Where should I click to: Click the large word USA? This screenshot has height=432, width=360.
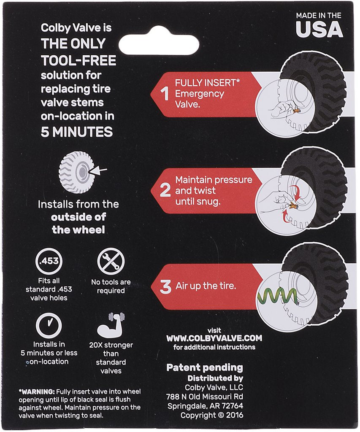point(319,29)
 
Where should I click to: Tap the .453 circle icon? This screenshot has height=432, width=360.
point(49,261)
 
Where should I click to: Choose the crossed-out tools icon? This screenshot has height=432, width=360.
point(111,261)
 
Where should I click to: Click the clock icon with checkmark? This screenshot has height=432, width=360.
point(49,325)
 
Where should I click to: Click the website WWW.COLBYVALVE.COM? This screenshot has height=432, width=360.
point(214,338)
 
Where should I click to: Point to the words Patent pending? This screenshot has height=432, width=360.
point(205,367)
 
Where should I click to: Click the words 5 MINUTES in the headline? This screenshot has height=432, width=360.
point(77,132)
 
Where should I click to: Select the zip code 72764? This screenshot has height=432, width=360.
point(231,406)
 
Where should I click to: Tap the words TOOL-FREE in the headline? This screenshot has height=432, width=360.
point(78,61)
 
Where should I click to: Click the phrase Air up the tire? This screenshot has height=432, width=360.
point(206,286)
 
